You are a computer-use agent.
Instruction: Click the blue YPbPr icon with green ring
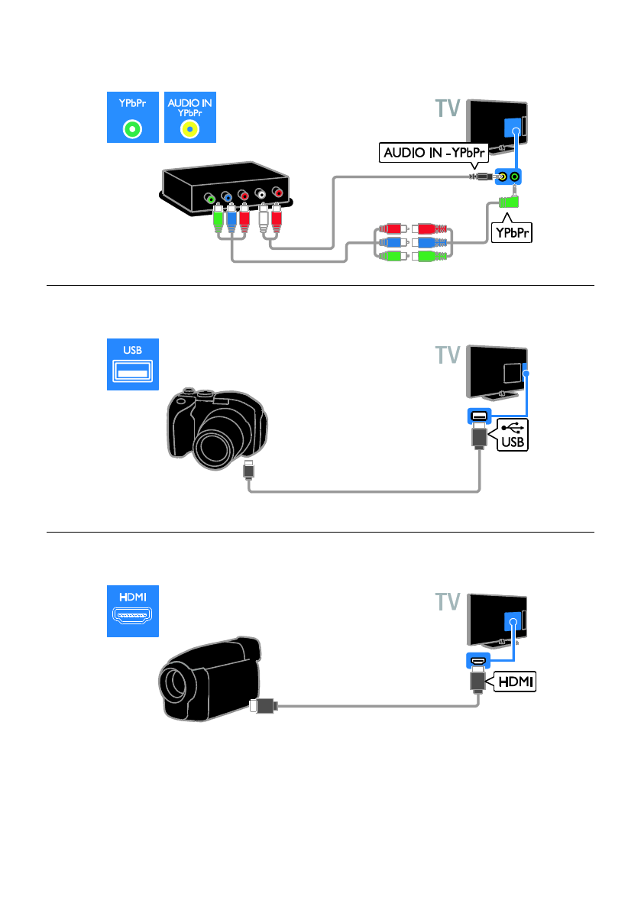pyautogui.click(x=132, y=117)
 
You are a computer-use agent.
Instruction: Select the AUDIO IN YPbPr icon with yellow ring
pyautogui.click(x=190, y=117)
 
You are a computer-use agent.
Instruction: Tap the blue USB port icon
pyautogui.click(x=132, y=364)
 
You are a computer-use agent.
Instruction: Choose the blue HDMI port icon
pyautogui.click(x=132, y=611)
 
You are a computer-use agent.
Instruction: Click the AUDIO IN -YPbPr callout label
pyautogui.click(x=434, y=153)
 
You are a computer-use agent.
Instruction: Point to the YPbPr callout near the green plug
pyautogui.click(x=512, y=233)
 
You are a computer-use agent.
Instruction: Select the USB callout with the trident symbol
pyautogui.click(x=513, y=435)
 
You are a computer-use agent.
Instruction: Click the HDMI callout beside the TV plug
pyautogui.click(x=515, y=682)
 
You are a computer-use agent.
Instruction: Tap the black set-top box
pyautogui.click(x=226, y=187)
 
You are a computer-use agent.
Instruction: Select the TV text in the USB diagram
pyautogui.click(x=448, y=355)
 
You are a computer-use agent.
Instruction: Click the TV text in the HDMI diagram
pyautogui.click(x=448, y=602)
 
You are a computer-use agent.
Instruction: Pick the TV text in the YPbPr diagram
pyautogui.click(x=448, y=108)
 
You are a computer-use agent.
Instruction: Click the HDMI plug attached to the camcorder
pyautogui.click(x=264, y=706)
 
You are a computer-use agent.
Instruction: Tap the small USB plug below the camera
pyautogui.click(x=249, y=469)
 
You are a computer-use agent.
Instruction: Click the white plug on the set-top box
pyautogui.click(x=264, y=219)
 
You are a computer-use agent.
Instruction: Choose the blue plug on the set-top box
pyautogui.click(x=231, y=219)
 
